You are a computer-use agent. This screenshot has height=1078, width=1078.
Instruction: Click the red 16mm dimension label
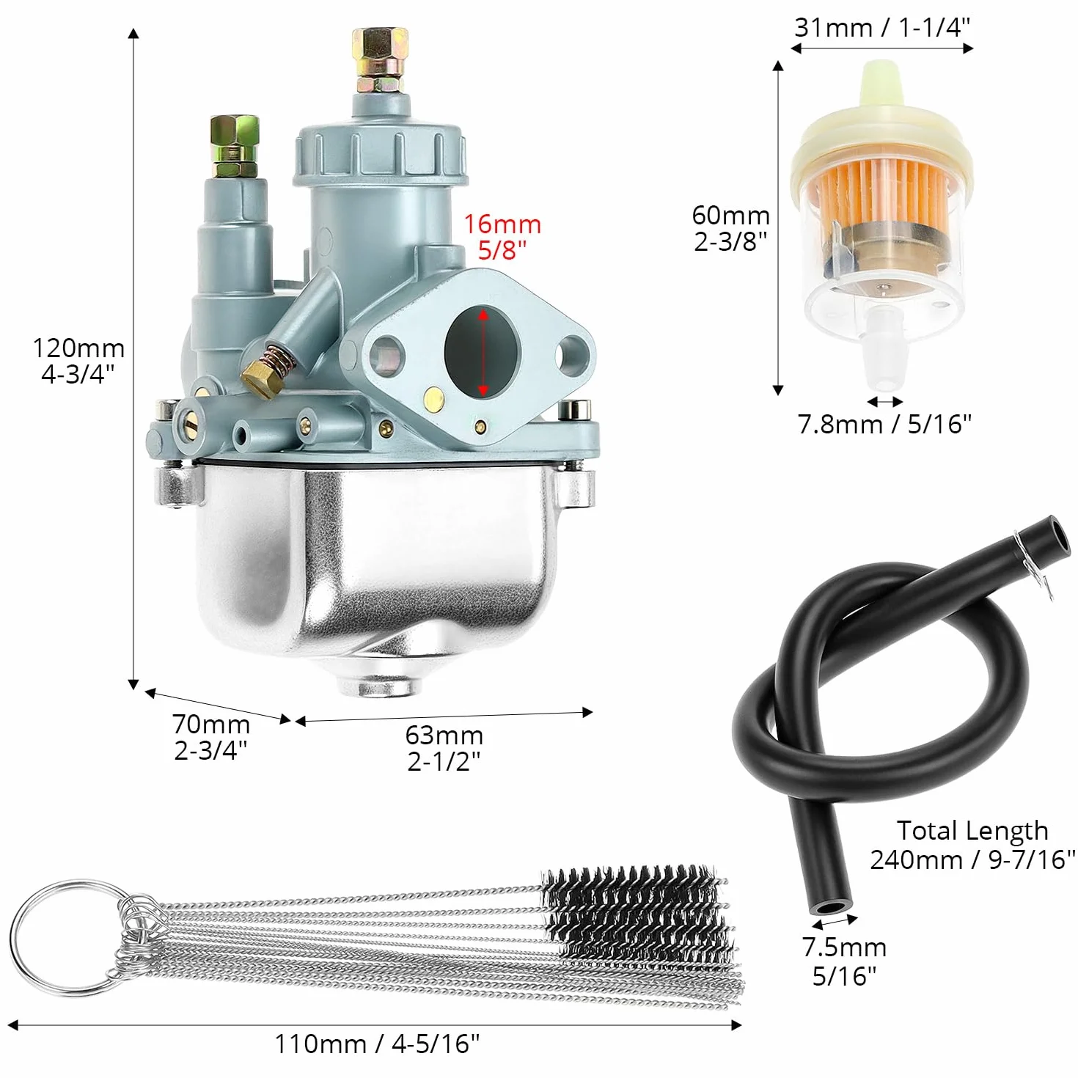[x=502, y=225]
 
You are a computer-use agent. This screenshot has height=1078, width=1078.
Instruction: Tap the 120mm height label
[x=78, y=348]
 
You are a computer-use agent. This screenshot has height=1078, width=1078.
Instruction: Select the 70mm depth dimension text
[x=211, y=724]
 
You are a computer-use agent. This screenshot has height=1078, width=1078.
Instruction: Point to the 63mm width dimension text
[x=444, y=735]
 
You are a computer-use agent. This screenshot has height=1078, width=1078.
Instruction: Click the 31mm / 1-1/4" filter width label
[x=882, y=27]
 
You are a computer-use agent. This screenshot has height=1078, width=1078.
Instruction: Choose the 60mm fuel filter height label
[x=730, y=216]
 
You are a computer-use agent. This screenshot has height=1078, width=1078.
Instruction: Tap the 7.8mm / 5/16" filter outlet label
[x=884, y=425]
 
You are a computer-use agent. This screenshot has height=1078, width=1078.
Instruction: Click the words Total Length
[x=972, y=831]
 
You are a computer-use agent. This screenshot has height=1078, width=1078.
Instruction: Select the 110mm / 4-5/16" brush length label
[x=377, y=1044]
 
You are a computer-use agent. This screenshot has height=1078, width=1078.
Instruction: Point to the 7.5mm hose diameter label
[x=844, y=947]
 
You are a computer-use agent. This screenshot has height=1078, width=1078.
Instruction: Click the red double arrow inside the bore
[x=483, y=353]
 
